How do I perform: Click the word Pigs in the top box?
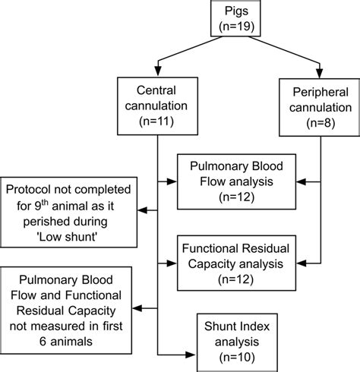(238, 12)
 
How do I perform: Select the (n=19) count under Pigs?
(238, 27)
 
